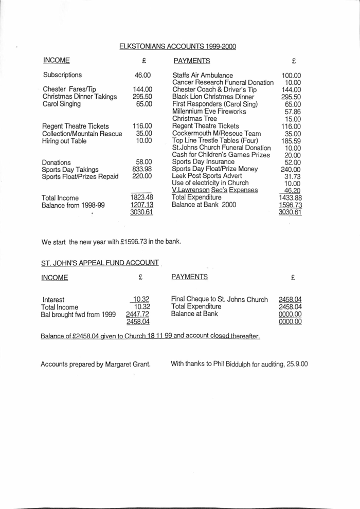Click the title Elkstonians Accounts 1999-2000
pyautogui.click(x=177, y=46)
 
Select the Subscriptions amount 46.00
pyautogui.click(x=142, y=75)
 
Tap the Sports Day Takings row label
pyautogui.click(x=70, y=169)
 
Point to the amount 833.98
pyautogui.click(x=142, y=169)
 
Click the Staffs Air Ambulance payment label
pyautogui.click(x=203, y=76)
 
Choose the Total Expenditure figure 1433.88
pyautogui.click(x=291, y=197)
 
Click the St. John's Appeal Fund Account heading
pyautogui.click(x=100, y=263)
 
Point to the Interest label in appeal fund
pyautogui.click(x=53, y=300)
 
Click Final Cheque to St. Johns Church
pyautogui.click(x=220, y=299)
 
